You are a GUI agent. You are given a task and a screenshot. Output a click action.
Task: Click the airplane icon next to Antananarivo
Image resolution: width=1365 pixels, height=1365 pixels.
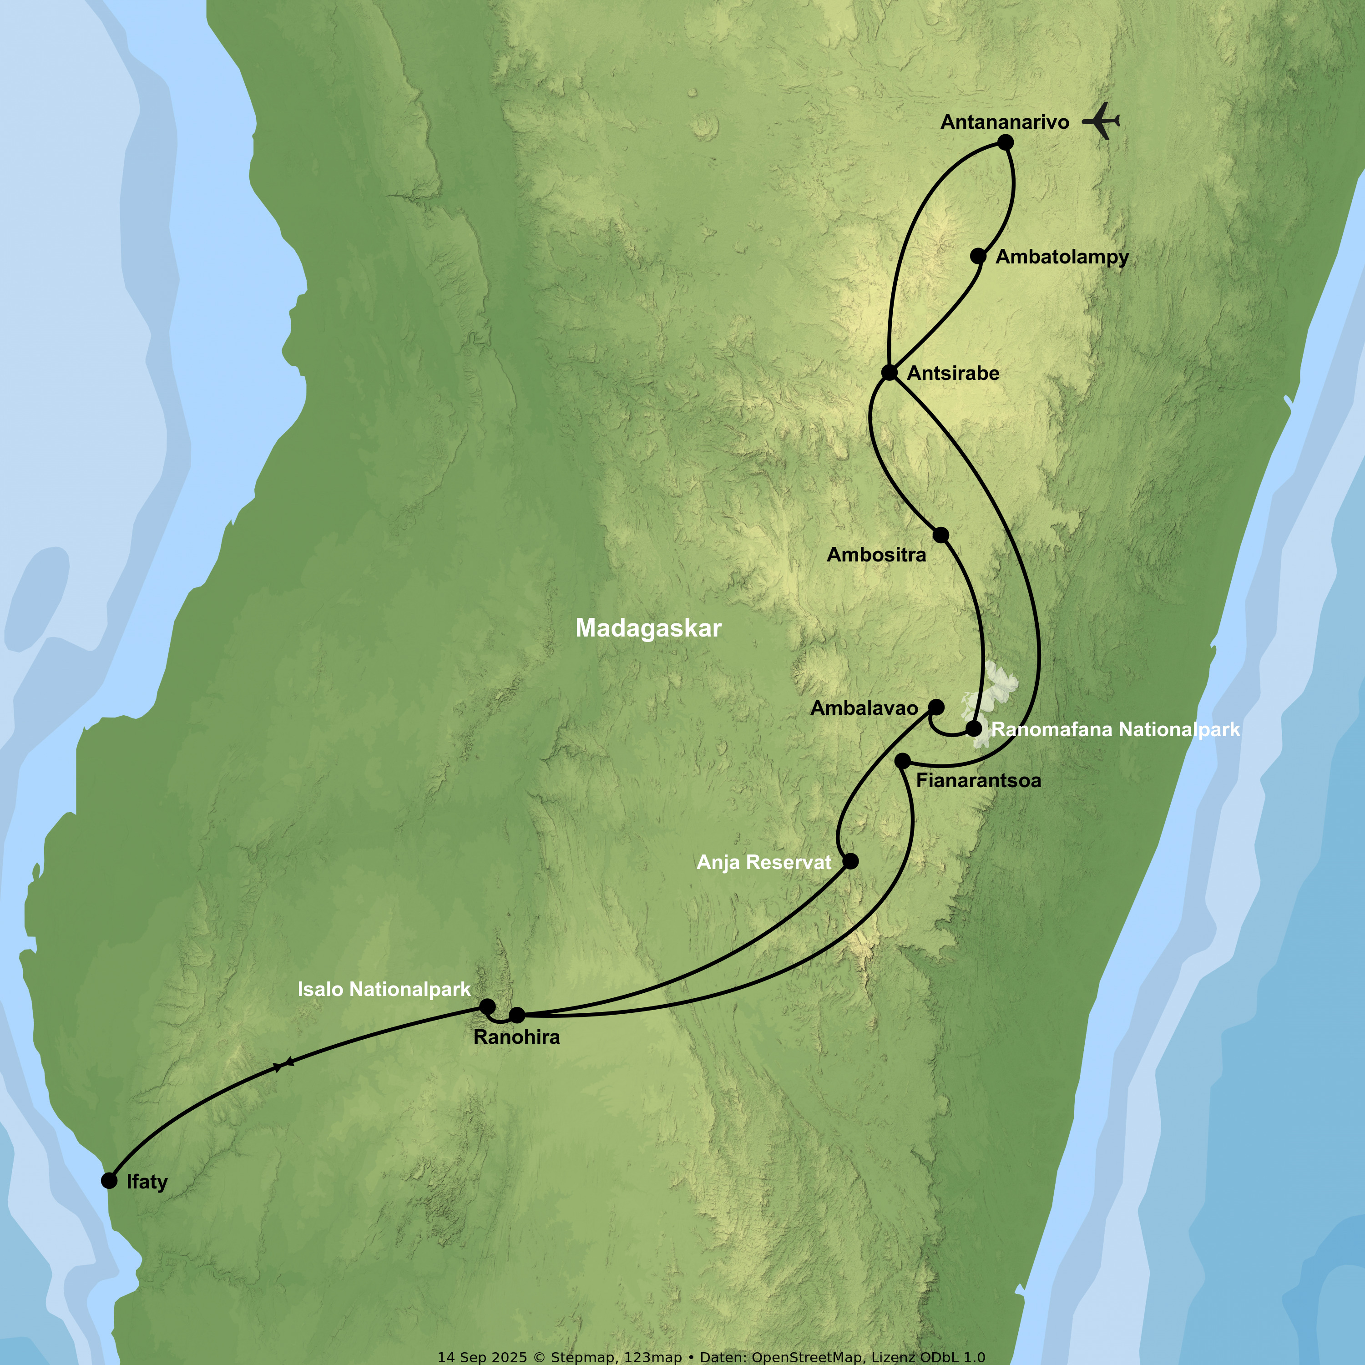click(1102, 121)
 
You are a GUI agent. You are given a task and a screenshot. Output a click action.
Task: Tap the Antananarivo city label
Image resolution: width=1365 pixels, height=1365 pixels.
click(1005, 122)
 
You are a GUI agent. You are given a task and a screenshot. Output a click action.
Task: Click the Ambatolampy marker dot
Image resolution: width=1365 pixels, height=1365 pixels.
click(978, 256)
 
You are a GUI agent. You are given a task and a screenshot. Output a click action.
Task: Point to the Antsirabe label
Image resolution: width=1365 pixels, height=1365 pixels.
click(953, 373)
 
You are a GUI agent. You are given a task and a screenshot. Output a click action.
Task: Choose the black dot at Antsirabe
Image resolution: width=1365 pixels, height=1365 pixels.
click(890, 372)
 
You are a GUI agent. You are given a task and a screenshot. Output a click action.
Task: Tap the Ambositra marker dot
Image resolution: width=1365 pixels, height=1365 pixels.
click(941, 535)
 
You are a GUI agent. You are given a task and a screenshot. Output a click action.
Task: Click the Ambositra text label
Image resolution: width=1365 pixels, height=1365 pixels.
click(876, 555)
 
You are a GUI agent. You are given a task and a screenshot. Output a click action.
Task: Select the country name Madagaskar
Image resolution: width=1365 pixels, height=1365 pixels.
click(648, 628)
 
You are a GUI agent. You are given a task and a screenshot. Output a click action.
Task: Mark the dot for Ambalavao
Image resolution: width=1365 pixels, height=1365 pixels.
click(936, 707)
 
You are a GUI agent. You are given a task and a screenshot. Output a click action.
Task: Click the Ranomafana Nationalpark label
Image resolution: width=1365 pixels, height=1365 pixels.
click(1116, 730)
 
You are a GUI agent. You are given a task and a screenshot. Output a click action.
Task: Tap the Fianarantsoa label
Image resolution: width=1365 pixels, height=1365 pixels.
click(979, 781)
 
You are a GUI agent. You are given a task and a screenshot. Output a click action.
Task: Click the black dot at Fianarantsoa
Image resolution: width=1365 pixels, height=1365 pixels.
click(903, 761)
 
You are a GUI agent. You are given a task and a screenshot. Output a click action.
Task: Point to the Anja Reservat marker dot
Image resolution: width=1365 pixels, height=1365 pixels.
click(851, 861)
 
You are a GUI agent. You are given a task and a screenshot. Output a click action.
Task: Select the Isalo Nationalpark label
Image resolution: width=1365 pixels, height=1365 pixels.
click(384, 989)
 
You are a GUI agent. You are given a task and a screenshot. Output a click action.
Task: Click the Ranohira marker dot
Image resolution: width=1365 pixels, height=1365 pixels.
click(517, 1015)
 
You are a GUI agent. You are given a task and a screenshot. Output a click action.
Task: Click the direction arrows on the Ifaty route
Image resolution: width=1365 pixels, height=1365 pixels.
click(283, 1065)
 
